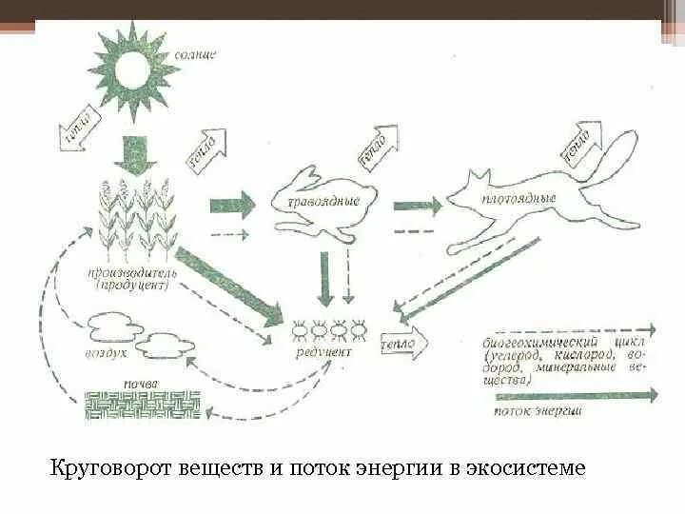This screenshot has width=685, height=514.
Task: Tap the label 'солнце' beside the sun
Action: [x=195, y=55]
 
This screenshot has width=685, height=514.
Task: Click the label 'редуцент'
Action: [x=323, y=353]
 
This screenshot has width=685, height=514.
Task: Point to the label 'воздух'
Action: [x=109, y=351]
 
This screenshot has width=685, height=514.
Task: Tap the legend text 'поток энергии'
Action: [x=539, y=412]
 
